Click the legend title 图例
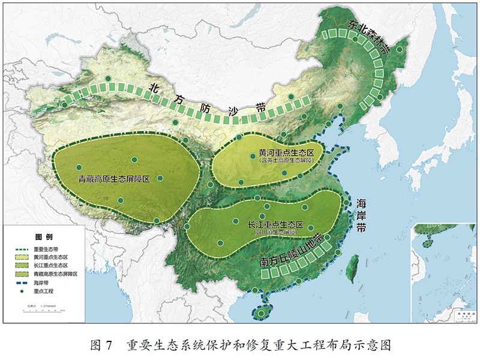coord(44,238)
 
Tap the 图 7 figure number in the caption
coord(101,346)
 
